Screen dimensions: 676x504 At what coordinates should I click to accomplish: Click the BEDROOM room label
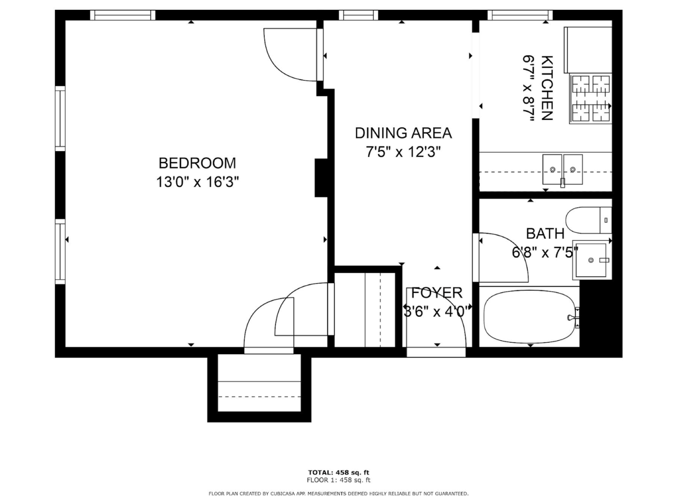click(197, 163)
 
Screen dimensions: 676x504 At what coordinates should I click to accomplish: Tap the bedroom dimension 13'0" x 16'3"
click(197, 182)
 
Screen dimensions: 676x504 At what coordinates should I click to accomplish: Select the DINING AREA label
click(403, 133)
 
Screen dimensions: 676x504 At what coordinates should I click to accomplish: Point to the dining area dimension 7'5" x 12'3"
click(403, 152)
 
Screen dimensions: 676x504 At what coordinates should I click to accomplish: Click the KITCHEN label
click(547, 88)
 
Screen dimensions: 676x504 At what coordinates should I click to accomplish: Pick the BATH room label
click(545, 234)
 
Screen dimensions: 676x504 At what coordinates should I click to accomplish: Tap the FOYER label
click(437, 293)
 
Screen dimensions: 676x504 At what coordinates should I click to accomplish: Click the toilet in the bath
click(589, 220)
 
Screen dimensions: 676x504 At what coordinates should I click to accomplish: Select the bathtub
click(529, 317)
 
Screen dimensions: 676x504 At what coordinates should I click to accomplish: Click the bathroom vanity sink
click(591, 260)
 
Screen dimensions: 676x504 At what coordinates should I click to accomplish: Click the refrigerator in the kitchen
click(588, 50)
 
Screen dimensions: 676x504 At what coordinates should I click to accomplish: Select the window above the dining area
click(359, 15)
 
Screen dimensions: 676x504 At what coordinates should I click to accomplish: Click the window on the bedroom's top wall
click(123, 15)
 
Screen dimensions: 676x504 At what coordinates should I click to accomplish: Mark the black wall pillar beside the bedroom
click(321, 178)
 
